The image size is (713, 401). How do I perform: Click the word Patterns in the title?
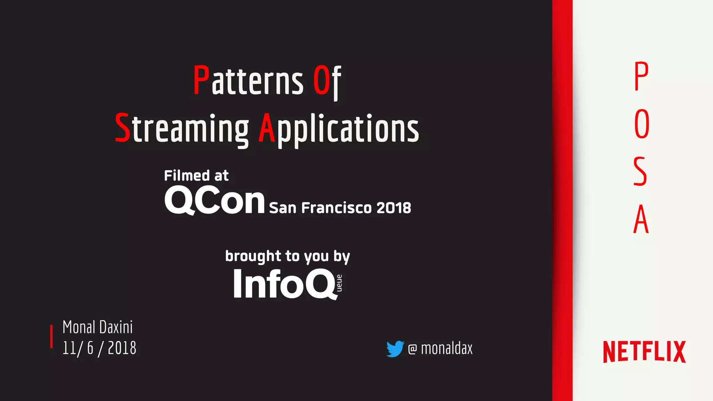[x=248, y=81]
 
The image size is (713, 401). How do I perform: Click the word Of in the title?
[x=327, y=81]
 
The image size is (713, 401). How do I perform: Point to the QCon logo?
[x=214, y=201]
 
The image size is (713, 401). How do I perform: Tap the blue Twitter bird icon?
[x=395, y=348]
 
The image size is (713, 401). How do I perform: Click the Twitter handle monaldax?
[x=440, y=348]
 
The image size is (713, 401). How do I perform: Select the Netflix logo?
[x=644, y=352]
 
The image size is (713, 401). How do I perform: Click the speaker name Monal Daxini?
[x=97, y=327]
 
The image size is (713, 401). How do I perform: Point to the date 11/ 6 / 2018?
[x=99, y=348]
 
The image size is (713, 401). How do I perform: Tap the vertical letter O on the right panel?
[x=642, y=124]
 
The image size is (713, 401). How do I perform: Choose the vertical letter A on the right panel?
[x=641, y=219]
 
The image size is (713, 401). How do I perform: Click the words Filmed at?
[x=196, y=176]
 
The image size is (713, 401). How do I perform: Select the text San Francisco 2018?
[x=340, y=208]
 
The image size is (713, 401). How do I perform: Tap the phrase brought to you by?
[x=287, y=256]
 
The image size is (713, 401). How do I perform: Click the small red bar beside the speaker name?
[x=52, y=337]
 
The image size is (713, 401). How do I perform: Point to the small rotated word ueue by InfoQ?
[x=339, y=283]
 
